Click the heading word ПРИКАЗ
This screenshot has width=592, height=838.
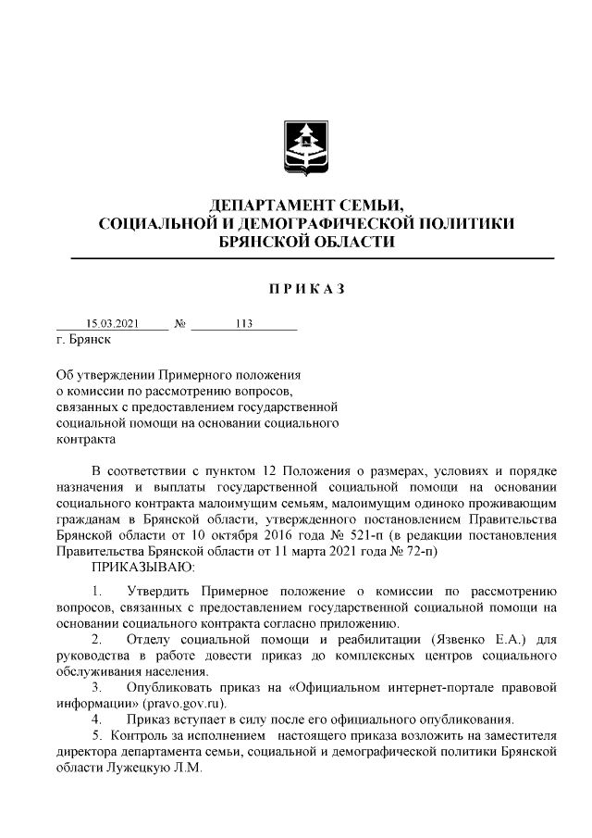coord(306,291)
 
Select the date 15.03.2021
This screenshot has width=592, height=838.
coord(112,325)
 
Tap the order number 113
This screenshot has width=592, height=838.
coord(245,325)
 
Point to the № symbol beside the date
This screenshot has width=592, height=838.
coord(180,325)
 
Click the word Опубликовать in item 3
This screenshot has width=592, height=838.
coord(176,687)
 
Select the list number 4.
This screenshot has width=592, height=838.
coord(95,719)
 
